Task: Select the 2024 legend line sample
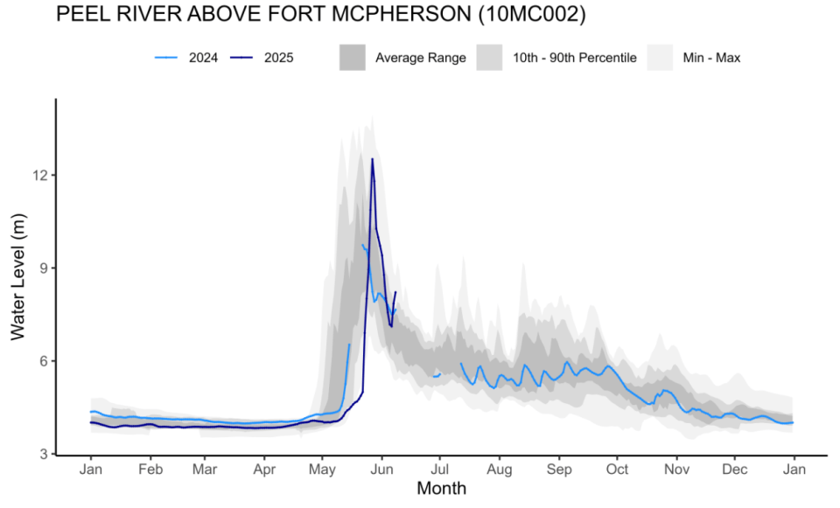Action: (x=166, y=58)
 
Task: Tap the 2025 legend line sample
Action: (x=241, y=58)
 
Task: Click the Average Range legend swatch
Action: (x=352, y=58)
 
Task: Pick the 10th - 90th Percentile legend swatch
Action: (x=489, y=58)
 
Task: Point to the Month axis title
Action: (x=441, y=488)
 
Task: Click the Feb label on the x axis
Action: (x=150, y=469)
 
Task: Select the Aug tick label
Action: (x=500, y=469)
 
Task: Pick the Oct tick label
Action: (x=617, y=469)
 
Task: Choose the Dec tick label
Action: (x=735, y=469)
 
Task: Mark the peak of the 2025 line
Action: (x=372, y=159)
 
